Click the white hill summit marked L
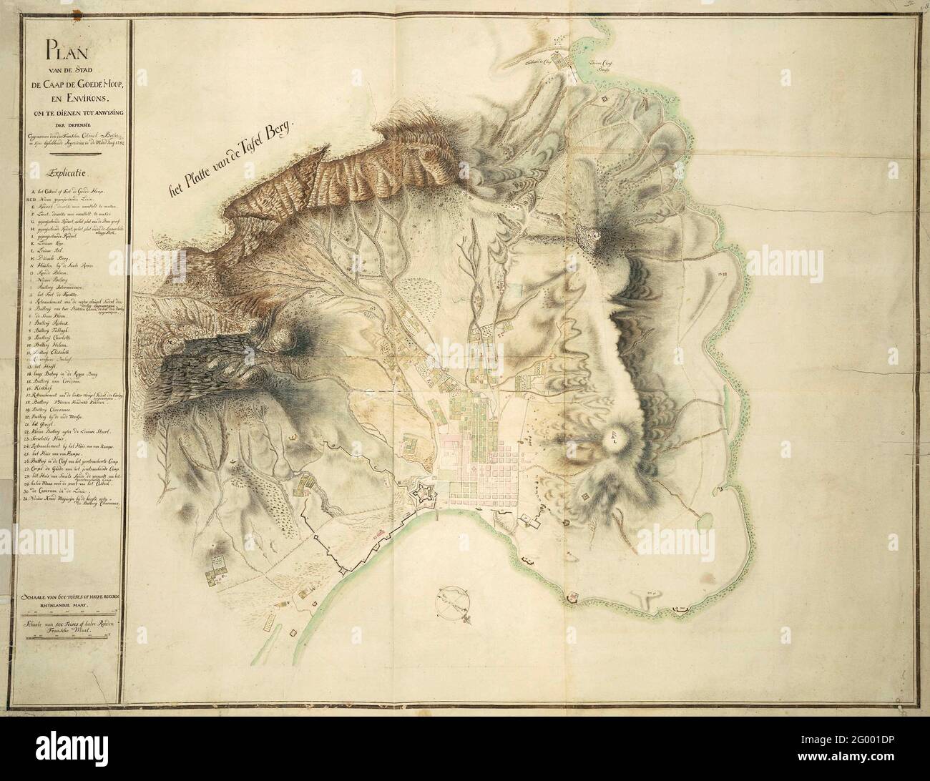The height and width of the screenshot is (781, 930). (615, 438)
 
